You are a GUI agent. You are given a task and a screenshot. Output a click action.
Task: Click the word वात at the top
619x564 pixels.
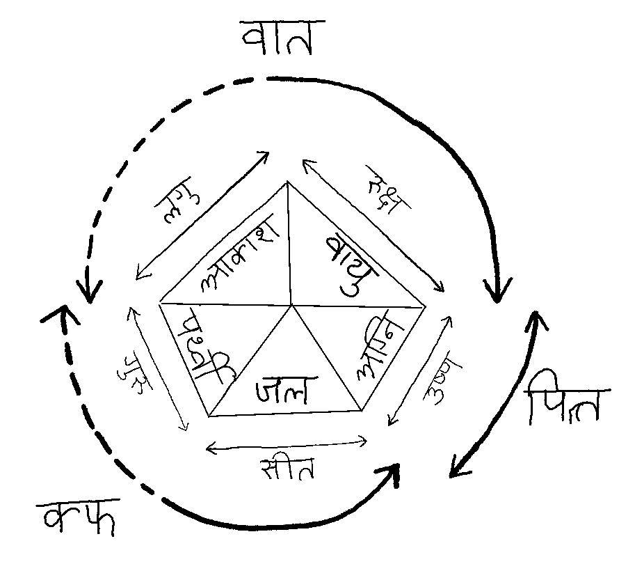coord(277,40)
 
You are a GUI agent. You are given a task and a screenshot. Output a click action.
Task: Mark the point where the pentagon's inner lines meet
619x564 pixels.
coord(292,305)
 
